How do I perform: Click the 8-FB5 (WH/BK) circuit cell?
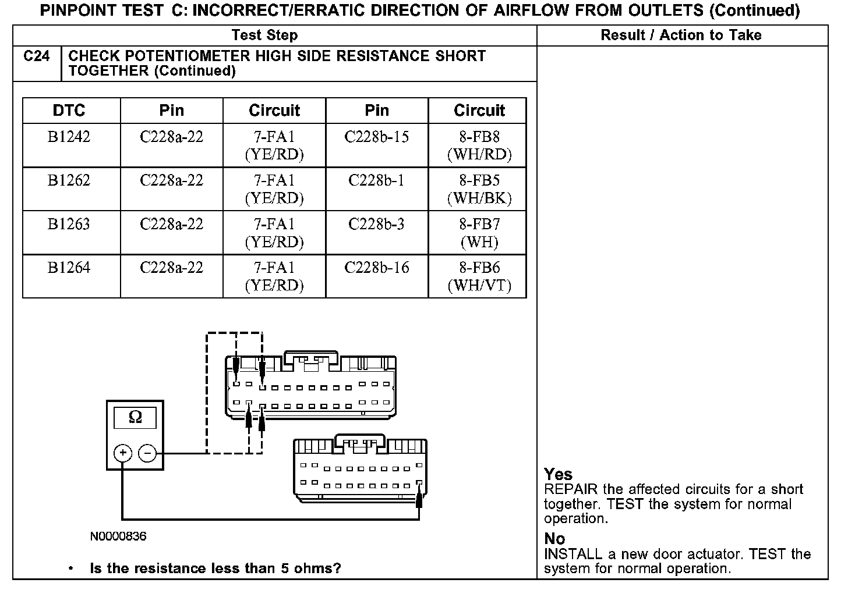479,190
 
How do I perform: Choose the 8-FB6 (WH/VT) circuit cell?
479,277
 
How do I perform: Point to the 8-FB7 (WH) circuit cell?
479,233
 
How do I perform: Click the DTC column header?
69,111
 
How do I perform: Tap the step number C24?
37,56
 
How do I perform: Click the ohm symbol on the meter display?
135,417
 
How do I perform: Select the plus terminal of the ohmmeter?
122,453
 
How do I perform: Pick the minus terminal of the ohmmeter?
148,453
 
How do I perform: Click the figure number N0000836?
118,536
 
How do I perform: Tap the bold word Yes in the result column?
558,474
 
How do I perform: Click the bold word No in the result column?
554,539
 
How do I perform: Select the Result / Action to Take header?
681,35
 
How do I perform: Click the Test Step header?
264,35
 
